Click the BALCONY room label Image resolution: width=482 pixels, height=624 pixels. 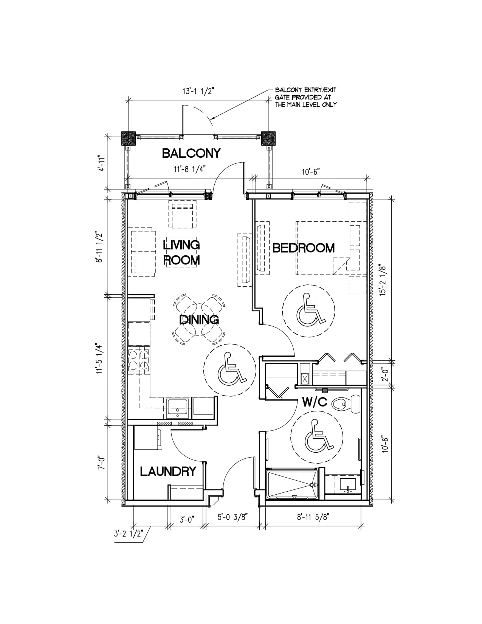point(191,153)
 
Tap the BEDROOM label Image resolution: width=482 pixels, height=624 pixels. point(304,248)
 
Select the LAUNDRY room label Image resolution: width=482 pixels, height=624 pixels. point(168,472)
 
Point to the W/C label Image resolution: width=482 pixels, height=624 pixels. point(315,403)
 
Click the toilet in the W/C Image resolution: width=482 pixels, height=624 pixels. point(346,404)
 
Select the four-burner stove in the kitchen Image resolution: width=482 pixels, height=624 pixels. point(139,360)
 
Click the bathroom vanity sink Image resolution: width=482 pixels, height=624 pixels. point(348,485)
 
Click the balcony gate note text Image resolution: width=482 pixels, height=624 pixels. point(305,97)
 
